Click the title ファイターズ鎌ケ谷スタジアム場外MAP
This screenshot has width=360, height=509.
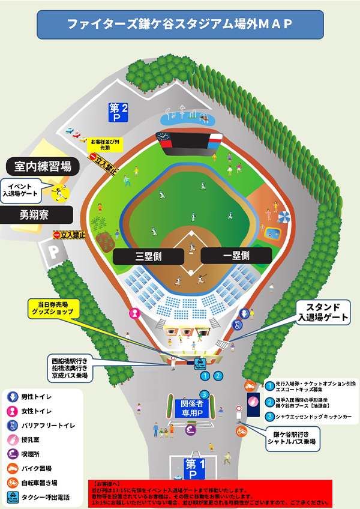180,24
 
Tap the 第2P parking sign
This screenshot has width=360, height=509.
118,112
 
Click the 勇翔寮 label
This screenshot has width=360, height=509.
37,214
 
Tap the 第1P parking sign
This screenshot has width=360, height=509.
193,468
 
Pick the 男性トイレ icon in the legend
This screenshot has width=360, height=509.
12,397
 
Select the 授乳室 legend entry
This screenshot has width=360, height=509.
12,440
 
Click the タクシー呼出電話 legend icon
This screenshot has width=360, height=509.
12,497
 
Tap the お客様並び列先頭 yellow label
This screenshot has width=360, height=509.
105,144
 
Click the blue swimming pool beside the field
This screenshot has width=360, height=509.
274,232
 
